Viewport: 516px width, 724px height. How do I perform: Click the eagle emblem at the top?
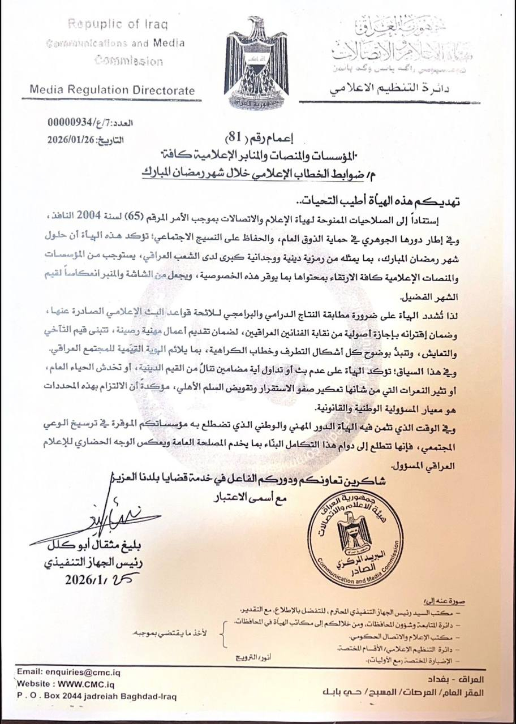coord(257,62)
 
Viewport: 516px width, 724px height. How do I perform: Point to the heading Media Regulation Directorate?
coord(112,90)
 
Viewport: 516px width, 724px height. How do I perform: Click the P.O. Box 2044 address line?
coord(96,697)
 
